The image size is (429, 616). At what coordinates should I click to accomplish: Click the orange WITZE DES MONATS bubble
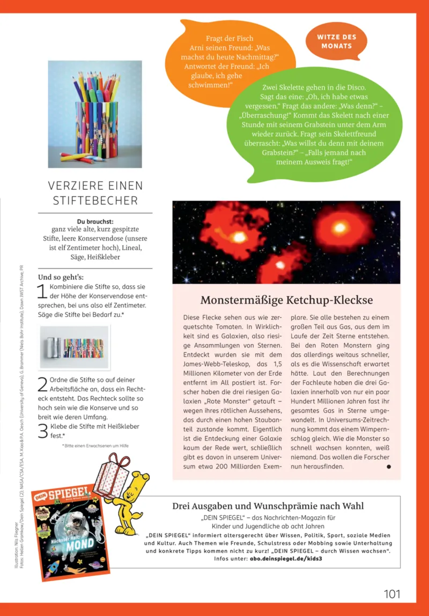click(x=336, y=41)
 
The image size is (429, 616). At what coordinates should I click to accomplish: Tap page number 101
click(x=392, y=593)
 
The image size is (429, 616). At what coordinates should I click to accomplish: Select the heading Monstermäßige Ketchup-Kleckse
click(x=286, y=300)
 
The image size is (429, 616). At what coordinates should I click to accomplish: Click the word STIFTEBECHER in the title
click(x=95, y=201)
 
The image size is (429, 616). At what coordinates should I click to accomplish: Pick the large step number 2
click(x=42, y=384)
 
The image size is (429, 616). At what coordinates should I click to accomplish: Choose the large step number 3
click(x=42, y=431)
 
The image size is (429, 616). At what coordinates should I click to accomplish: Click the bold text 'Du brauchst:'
click(x=95, y=221)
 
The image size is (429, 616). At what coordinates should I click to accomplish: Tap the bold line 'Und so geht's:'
click(x=61, y=277)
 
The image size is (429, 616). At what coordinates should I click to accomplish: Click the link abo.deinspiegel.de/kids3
click(x=286, y=558)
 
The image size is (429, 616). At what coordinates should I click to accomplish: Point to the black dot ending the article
click(x=389, y=467)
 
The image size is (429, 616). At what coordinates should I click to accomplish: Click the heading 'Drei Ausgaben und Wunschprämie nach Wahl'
click(x=268, y=506)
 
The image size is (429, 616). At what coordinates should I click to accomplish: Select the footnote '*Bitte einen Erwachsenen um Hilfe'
click(x=95, y=446)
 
